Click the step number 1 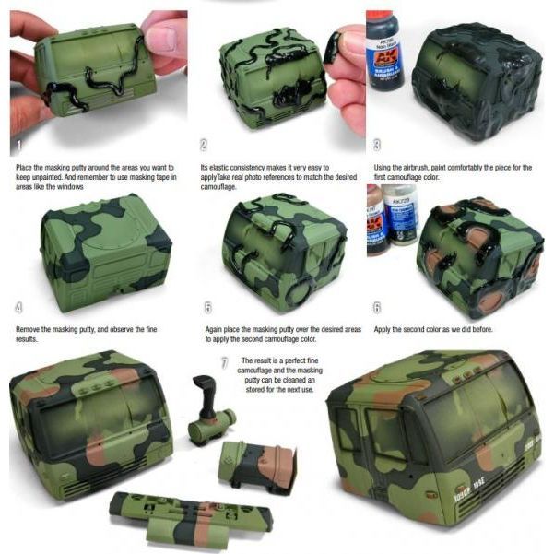[x=18, y=146]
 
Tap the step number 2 [x=203, y=146]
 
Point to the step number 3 [x=378, y=146]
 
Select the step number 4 [x=18, y=307]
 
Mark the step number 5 [x=207, y=307]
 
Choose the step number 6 [x=378, y=307]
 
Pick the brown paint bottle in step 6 [x=376, y=221]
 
